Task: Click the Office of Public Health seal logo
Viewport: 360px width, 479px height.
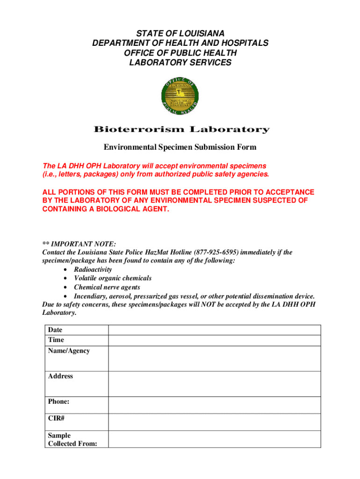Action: [180, 96]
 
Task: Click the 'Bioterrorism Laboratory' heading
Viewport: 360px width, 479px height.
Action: [181, 130]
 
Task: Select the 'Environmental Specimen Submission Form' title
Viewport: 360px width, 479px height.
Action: [180, 147]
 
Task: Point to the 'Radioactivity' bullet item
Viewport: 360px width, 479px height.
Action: [93, 270]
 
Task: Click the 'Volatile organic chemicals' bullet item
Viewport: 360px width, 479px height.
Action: [113, 278]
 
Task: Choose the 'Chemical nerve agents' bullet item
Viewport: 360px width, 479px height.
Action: [107, 287]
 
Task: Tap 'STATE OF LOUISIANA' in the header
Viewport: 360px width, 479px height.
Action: [180, 33]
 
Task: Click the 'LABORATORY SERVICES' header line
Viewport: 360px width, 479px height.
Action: [180, 63]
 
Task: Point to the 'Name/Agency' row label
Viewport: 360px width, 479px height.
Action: [69, 351]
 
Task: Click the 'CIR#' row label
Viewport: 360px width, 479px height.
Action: [56, 418]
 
